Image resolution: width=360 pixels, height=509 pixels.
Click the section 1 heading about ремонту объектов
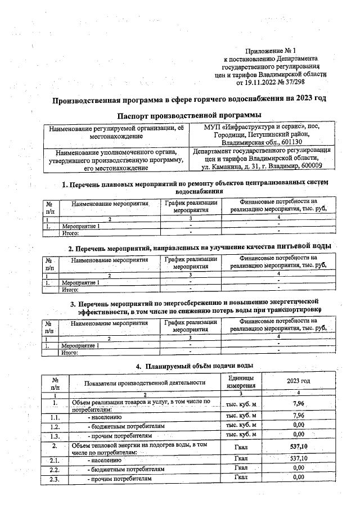tap(194, 183)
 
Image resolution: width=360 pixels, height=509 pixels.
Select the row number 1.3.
tap(55, 435)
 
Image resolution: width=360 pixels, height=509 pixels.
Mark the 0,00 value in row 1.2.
tap(299, 425)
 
